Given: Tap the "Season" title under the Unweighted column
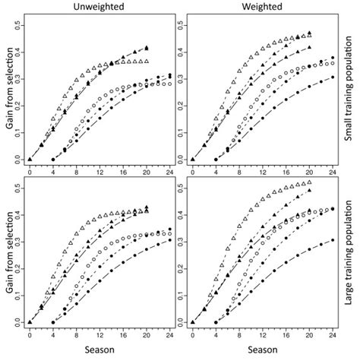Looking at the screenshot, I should point(99,354).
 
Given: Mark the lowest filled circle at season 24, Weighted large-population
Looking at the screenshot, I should point(332,240).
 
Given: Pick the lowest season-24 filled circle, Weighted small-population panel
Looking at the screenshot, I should point(332,77).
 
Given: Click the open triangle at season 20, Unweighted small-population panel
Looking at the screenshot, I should point(146,62).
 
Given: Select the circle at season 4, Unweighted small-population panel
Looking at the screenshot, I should point(53,160).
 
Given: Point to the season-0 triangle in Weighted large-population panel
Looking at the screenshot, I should point(193,322).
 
